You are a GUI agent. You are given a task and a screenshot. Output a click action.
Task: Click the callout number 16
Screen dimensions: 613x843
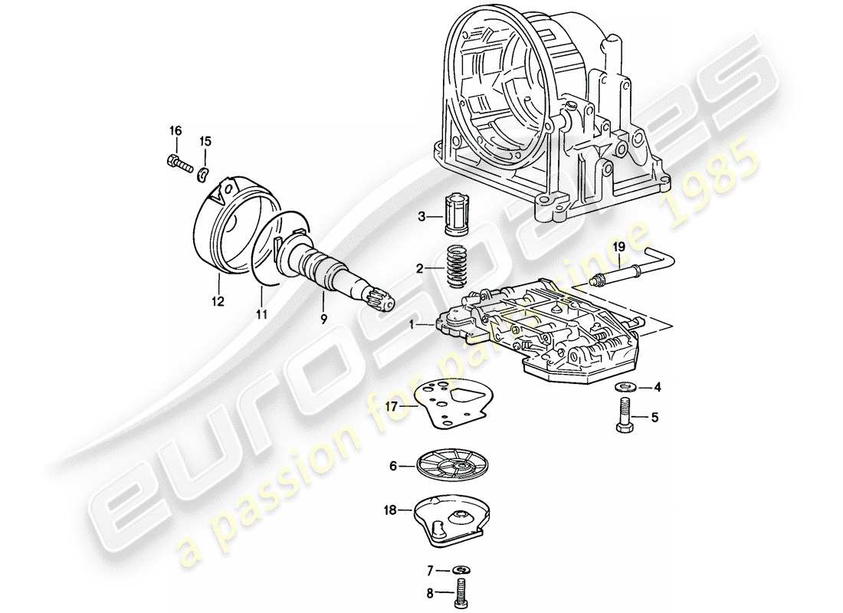point(175,131)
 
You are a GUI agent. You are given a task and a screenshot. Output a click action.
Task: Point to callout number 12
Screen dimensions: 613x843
point(218,302)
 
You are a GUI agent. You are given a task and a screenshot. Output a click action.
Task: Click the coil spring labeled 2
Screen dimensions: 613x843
point(458,265)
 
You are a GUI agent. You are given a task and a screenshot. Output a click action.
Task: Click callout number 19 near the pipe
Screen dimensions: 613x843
point(620,247)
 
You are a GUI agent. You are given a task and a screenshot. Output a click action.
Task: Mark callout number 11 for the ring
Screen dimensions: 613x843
point(261,314)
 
